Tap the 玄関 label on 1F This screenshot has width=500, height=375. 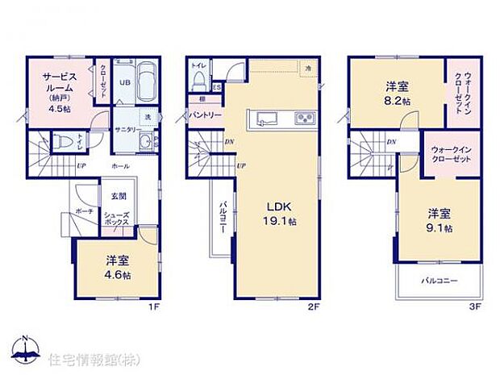point(118,196)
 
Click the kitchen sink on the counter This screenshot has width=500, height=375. point(267,121)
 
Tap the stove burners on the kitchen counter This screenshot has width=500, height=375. point(304,121)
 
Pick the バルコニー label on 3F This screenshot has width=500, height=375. point(440,281)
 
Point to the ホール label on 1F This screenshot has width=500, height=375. point(119,165)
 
